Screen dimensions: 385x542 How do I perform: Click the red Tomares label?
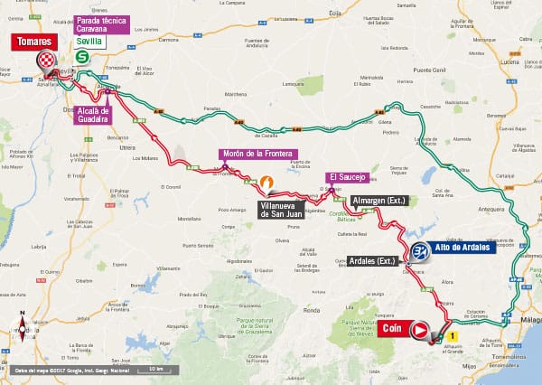coord(32,42)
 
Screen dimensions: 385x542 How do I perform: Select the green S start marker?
coord(83,57)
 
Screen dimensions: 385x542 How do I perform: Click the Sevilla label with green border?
coord(89,42)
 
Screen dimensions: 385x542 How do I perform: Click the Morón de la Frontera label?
coord(258,155)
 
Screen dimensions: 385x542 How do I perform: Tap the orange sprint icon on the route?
coord(267,183)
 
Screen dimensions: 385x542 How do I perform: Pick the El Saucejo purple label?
coord(346,177)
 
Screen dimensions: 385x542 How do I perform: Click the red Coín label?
coord(391,329)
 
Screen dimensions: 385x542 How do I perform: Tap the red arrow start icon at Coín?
coord(420,331)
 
